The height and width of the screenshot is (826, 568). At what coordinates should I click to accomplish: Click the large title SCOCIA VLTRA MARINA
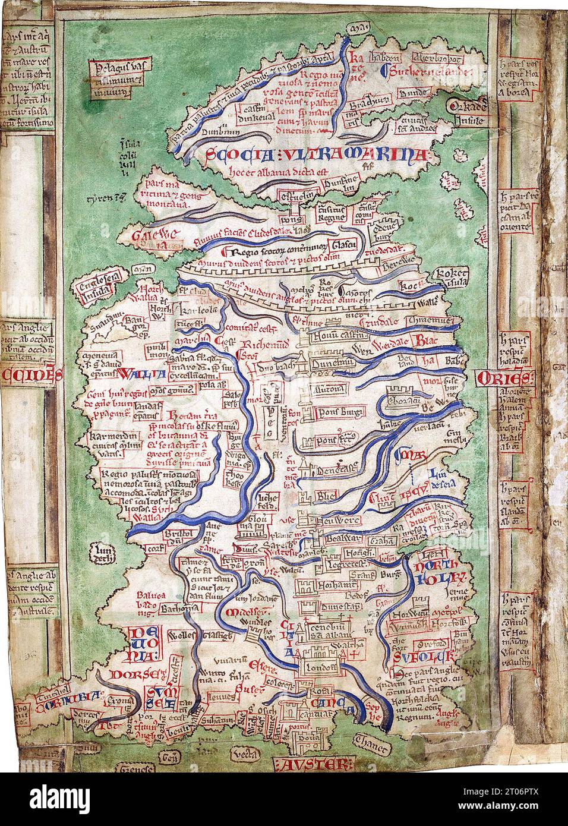(311, 157)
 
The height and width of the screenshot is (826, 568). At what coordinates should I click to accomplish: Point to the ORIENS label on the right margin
(505, 379)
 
